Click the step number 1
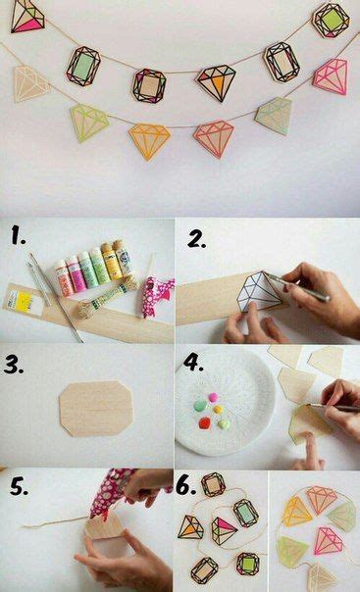tap(18, 235)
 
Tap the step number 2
tap(196, 239)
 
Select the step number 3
tap(14, 365)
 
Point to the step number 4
tap(193, 362)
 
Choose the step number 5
tap(19, 487)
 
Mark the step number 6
tap(186, 486)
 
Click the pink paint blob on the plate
tap(213, 397)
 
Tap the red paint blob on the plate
tap(205, 423)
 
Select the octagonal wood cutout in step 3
tap(96, 409)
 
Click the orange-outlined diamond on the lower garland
tap(149, 140)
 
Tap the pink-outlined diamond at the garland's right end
tap(331, 76)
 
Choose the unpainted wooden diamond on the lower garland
tap(30, 83)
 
